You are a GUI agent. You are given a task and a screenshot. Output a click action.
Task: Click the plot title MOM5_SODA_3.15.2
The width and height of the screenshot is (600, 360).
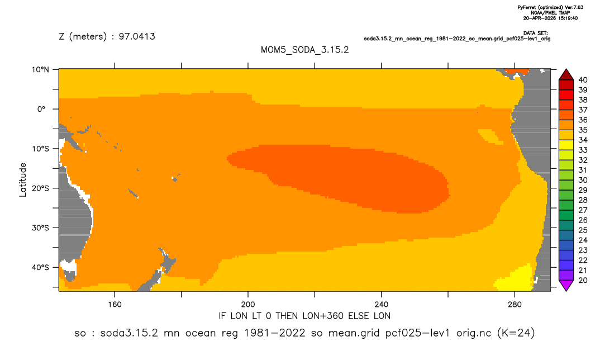[304, 50]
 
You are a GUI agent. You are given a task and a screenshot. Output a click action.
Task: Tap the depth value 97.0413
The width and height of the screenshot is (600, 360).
[137, 37]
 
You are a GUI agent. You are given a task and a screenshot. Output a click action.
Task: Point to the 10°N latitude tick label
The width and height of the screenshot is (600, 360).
[40, 70]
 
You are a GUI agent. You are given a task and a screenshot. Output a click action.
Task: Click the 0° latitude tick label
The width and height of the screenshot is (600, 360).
[41, 109]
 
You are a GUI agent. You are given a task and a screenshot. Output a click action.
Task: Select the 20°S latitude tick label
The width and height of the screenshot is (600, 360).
[40, 188]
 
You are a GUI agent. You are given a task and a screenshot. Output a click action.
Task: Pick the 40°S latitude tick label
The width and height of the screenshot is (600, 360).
[40, 267]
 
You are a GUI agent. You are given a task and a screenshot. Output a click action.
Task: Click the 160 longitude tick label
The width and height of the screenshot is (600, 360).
[115, 305]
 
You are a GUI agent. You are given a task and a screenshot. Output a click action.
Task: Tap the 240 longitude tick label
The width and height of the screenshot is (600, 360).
[382, 305]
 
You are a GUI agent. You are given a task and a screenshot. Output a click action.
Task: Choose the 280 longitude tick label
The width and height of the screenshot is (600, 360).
[515, 305]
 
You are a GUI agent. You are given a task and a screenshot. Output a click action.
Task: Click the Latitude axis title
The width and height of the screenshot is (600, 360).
[23, 180]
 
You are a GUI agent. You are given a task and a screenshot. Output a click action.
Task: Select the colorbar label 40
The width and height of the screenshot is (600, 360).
[583, 80]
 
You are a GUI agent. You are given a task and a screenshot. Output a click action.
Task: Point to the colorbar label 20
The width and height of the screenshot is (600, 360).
[583, 280]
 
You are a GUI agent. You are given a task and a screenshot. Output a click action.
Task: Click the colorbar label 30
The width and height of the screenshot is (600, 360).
[583, 180]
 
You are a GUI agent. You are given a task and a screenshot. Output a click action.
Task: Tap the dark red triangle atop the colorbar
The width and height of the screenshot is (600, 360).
[566, 74]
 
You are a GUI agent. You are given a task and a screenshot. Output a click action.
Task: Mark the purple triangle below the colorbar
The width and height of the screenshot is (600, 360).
[566, 286]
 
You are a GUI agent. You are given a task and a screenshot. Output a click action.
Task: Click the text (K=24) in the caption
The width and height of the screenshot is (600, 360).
[516, 333]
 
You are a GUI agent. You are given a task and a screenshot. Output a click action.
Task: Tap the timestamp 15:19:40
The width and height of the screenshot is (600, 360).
[565, 18]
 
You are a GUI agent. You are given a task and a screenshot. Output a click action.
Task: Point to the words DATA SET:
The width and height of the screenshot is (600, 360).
[535, 34]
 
